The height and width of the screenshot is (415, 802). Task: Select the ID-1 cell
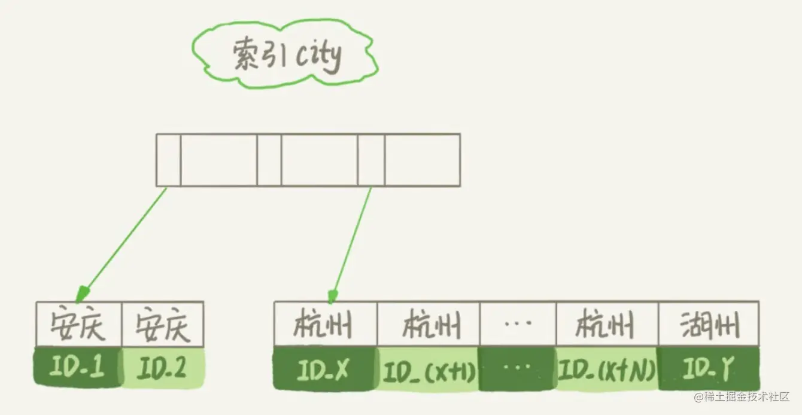click(x=78, y=367)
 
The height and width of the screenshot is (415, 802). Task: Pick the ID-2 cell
click(x=163, y=367)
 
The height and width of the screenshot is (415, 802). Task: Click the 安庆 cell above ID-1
click(x=78, y=324)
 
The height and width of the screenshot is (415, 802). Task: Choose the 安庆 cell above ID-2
click(x=163, y=324)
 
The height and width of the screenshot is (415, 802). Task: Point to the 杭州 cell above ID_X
click(x=326, y=324)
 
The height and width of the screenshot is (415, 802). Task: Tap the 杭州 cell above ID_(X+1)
click(x=429, y=324)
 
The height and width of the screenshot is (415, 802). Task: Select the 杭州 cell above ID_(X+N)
click(x=607, y=324)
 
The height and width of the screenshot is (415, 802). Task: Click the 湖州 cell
click(x=709, y=324)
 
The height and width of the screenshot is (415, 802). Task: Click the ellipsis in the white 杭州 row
click(x=518, y=324)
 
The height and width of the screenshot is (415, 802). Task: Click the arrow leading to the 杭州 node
click(x=352, y=242)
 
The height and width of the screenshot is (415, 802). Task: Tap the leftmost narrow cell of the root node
click(x=168, y=160)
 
